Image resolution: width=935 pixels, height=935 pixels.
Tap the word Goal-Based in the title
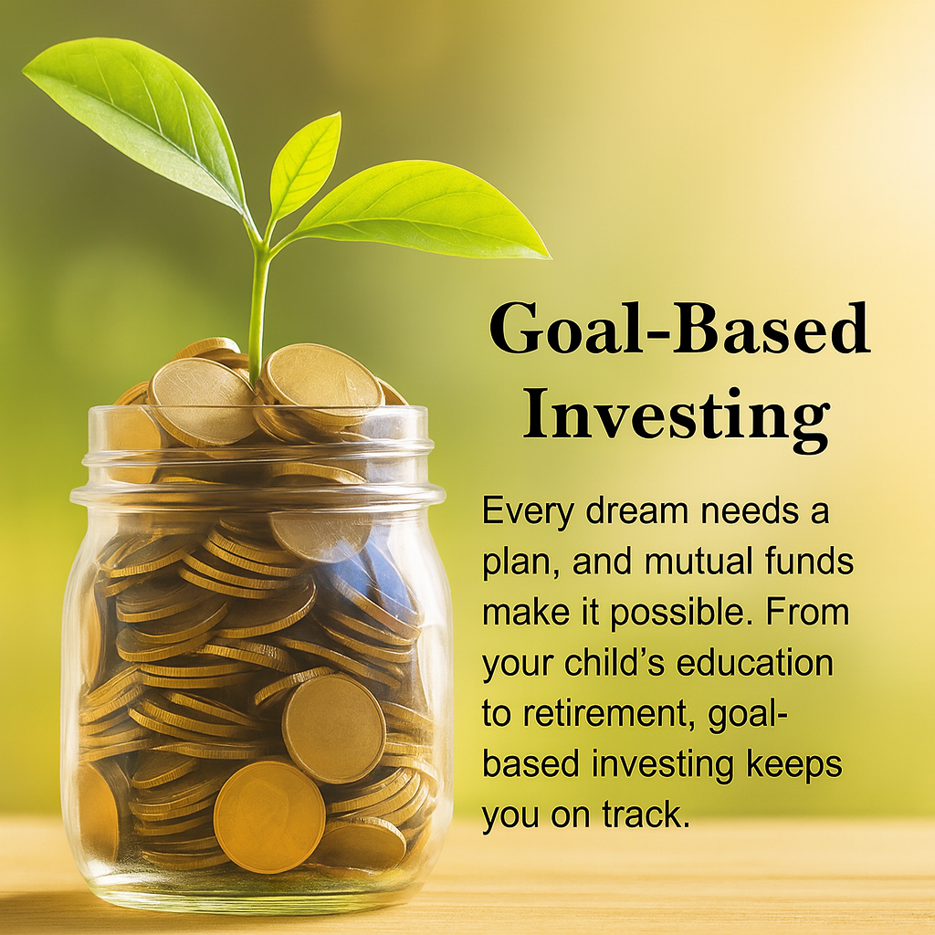679,329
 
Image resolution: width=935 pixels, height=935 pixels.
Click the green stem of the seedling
257,310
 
